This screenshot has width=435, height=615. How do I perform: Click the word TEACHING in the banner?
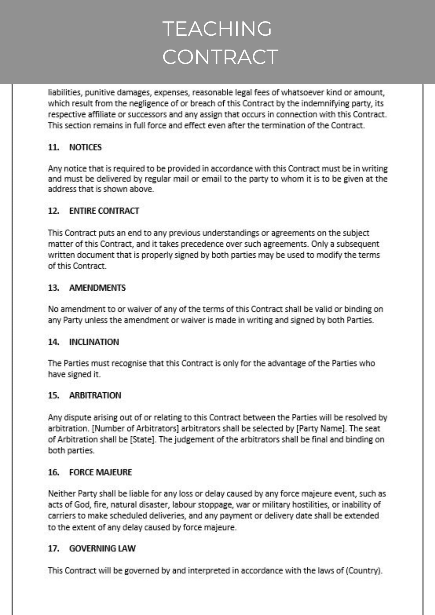click(217, 29)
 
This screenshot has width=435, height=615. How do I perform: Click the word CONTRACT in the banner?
click(220, 57)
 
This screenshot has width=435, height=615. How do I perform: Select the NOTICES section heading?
click(85, 147)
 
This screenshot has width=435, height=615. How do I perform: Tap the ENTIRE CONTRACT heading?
click(104, 211)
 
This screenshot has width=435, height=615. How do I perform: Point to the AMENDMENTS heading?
click(97, 288)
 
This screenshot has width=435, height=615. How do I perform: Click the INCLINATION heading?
click(94, 342)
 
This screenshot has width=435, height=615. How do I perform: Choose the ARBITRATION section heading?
click(95, 395)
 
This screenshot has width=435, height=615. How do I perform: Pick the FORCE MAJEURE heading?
click(100, 472)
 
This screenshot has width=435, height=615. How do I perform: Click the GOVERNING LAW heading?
click(102, 548)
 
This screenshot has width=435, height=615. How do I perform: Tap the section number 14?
click(53, 342)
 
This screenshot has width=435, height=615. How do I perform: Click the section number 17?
click(53, 548)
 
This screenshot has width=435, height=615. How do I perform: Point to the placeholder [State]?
click(143, 439)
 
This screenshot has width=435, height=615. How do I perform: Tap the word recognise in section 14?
click(129, 363)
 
